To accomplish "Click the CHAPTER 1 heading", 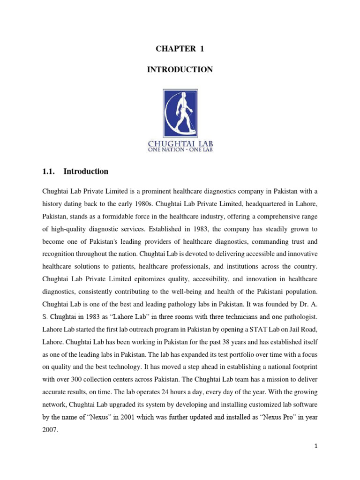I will point(180,49).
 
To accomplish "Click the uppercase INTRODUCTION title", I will point(180,70).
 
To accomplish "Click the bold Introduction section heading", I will point(86,172).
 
